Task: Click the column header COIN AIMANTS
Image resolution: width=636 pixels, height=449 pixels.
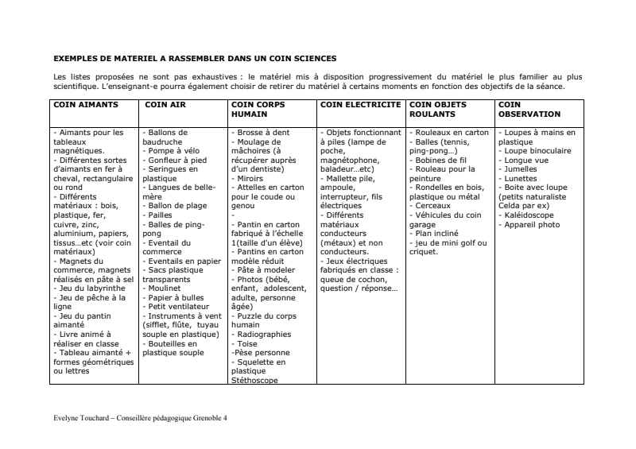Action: (86, 104)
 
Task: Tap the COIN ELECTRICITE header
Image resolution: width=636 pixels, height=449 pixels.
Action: (360, 104)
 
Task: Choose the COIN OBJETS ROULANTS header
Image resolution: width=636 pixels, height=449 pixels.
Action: (438, 109)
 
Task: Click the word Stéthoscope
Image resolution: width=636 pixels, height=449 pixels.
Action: (254, 381)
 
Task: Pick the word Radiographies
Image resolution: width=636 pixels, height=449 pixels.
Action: (263, 335)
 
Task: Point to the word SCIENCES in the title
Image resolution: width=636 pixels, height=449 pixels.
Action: (313, 58)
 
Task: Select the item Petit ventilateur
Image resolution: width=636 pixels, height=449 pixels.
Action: (178, 306)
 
